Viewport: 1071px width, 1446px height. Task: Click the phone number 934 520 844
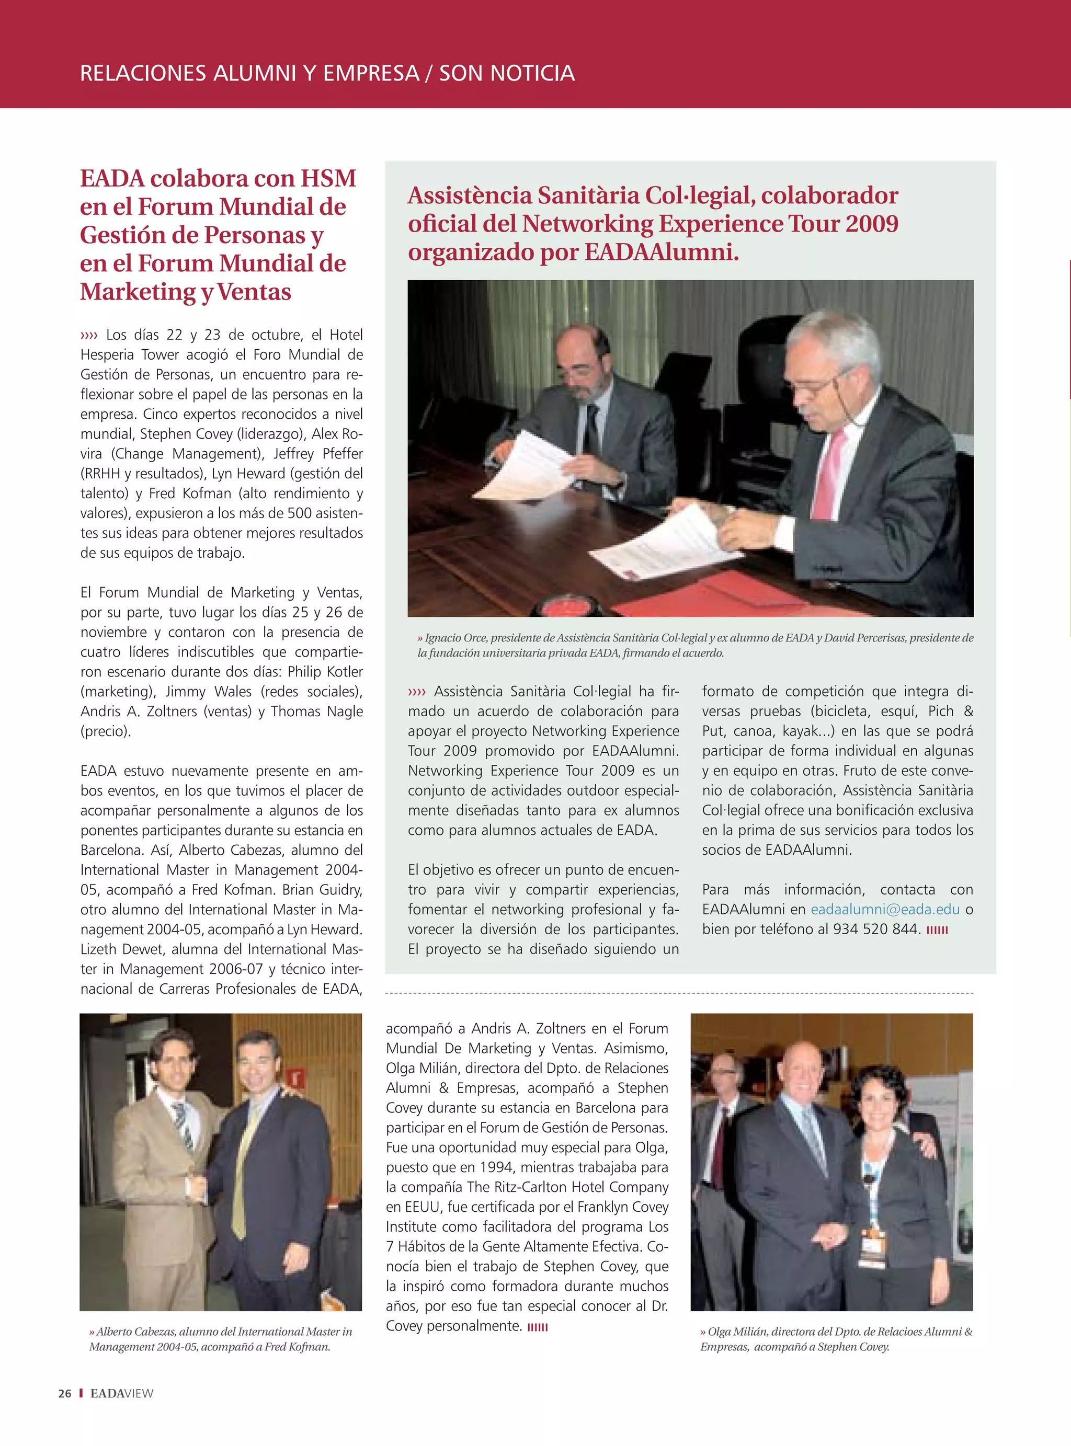point(876,929)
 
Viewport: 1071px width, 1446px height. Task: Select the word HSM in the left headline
point(328,178)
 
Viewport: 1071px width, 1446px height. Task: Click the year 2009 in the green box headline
point(871,224)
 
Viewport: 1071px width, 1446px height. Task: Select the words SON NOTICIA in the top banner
point(507,73)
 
